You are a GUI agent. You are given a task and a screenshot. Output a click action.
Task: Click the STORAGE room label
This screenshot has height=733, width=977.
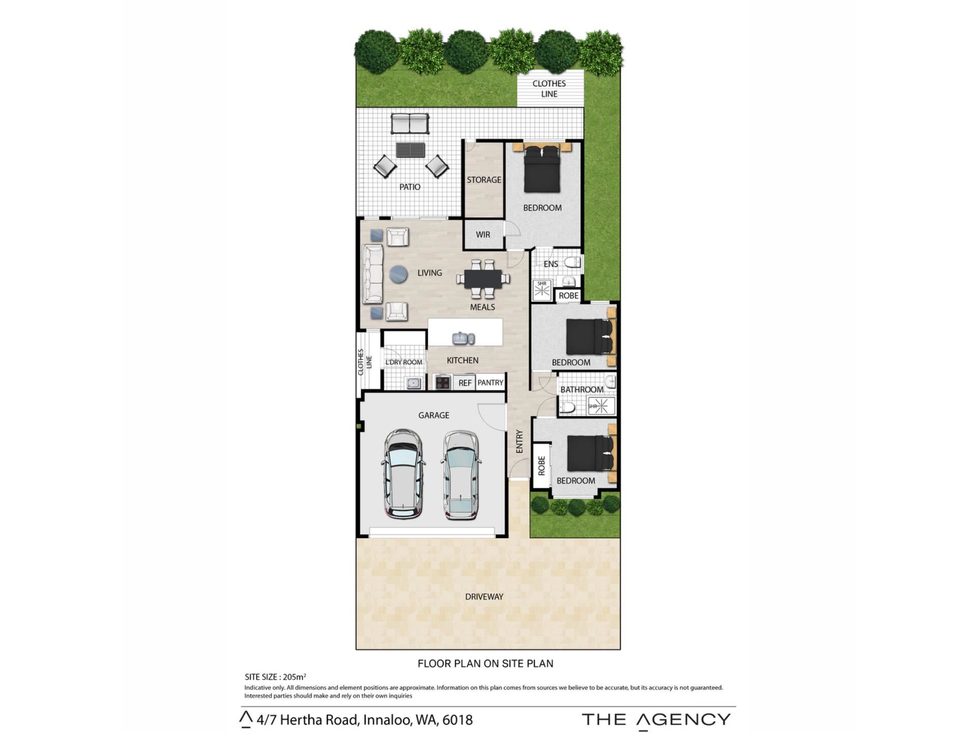point(484,180)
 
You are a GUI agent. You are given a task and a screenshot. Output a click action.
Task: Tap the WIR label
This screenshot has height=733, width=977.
point(483,235)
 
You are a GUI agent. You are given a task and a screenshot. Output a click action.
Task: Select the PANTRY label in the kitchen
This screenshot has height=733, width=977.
point(490,382)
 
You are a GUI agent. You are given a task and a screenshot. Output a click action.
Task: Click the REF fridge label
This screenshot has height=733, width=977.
point(465,383)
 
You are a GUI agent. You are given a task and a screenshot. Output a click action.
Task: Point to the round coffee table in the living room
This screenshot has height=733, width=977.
point(398,274)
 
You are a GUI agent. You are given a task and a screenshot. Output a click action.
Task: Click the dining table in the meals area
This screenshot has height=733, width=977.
point(483,278)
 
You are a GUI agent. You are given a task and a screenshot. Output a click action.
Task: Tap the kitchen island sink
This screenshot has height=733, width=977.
point(464,338)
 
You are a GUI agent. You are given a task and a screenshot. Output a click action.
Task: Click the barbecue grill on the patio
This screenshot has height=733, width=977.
point(410,150)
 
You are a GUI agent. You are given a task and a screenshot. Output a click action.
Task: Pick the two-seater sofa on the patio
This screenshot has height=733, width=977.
point(410,124)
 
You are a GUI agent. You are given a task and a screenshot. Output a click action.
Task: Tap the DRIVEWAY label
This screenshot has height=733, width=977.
point(484,597)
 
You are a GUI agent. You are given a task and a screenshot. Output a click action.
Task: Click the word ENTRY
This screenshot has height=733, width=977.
point(519,441)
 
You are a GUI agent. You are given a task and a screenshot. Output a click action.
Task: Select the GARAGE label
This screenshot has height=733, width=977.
point(434,415)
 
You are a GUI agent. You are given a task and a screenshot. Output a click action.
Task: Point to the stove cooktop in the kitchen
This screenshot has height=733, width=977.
point(442,382)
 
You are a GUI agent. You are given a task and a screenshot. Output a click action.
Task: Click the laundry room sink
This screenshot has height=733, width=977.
point(413,383)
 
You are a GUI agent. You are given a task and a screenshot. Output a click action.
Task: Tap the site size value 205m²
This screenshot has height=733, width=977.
point(295,677)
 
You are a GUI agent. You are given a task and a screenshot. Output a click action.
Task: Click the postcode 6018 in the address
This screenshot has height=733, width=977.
point(457,720)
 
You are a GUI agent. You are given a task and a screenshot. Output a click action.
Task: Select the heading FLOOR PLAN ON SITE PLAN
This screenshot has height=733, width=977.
point(485,663)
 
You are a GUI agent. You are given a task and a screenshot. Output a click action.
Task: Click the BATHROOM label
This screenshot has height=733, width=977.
point(582,389)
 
